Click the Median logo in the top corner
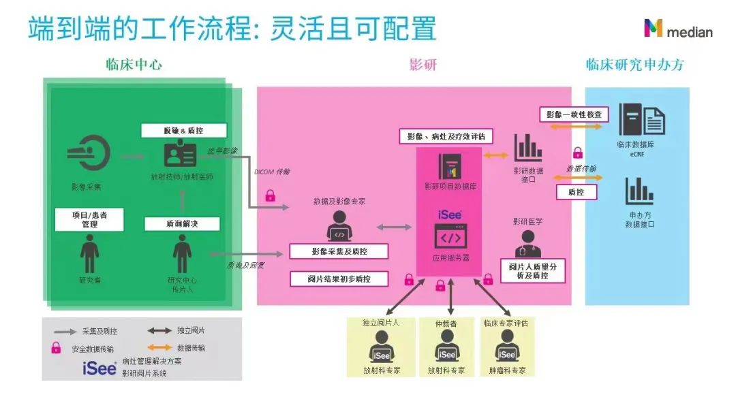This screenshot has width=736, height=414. pos(678,29)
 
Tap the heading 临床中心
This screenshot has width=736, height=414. pos(134,65)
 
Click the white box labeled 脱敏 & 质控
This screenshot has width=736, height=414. pos(183,131)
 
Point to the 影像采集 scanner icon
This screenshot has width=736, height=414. pos(89,155)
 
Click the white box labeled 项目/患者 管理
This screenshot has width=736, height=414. pos(89,219)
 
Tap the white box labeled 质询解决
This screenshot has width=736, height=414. pos(182,223)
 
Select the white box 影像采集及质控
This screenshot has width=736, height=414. pos(339,251)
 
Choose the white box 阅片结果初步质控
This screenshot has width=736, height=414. pos(339,278)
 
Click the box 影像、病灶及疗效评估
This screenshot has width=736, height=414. pos(446,136)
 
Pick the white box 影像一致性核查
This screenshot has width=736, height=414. pos(574,114)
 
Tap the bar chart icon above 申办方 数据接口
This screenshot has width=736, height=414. pos(639,192)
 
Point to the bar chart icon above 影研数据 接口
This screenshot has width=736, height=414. pos(528,147)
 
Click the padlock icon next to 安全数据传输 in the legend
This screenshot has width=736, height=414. pos(56,349)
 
